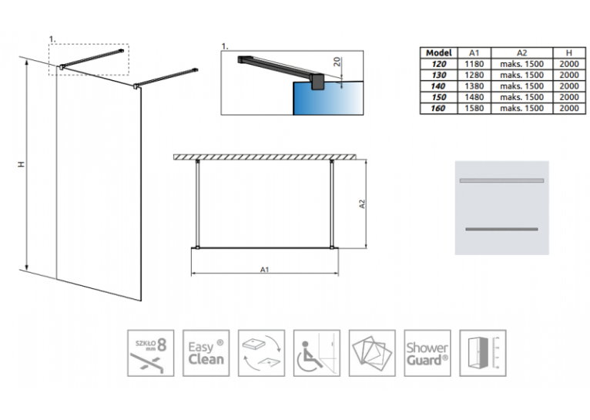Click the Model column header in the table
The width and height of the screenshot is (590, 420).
pyautogui.click(x=439, y=53)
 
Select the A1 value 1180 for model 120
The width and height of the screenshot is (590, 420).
pyautogui.click(x=474, y=64)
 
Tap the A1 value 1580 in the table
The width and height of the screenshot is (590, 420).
pyautogui.click(x=474, y=109)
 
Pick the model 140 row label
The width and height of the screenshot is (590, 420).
pyautogui.click(x=438, y=86)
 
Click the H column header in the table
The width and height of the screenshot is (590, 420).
pyautogui.click(x=569, y=53)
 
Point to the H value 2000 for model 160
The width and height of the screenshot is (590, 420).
pyautogui.click(x=569, y=109)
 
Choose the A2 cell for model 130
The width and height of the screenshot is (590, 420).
pyautogui.click(x=522, y=76)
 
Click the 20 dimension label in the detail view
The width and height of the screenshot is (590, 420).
pyautogui.click(x=337, y=62)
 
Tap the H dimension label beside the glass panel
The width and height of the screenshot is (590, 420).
pyautogui.click(x=22, y=164)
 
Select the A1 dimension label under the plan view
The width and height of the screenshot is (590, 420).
pyautogui.click(x=264, y=270)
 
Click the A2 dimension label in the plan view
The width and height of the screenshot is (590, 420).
pyautogui.click(x=362, y=204)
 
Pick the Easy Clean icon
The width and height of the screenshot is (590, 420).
pyautogui.click(x=206, y=353)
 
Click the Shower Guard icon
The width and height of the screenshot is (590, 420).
pyautogui.click(x=427, y=353)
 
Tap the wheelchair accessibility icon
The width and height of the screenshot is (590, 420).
pyautogui.click(x=317, y=353)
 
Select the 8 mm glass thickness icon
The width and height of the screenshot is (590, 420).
pyautogui.click(x=150, y=353)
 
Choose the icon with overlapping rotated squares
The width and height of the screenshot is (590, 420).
pyautogui.click(x=372, y=353)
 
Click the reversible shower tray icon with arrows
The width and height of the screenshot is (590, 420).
pyautogui.click(x=262, y=353)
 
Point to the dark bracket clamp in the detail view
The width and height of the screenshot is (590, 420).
pyautogui.click(x=318, y=82)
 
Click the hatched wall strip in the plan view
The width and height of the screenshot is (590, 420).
pyautogui.click(x=264, y=157)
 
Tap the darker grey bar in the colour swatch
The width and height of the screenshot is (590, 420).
pyautogui.click(x=501, y=229)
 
